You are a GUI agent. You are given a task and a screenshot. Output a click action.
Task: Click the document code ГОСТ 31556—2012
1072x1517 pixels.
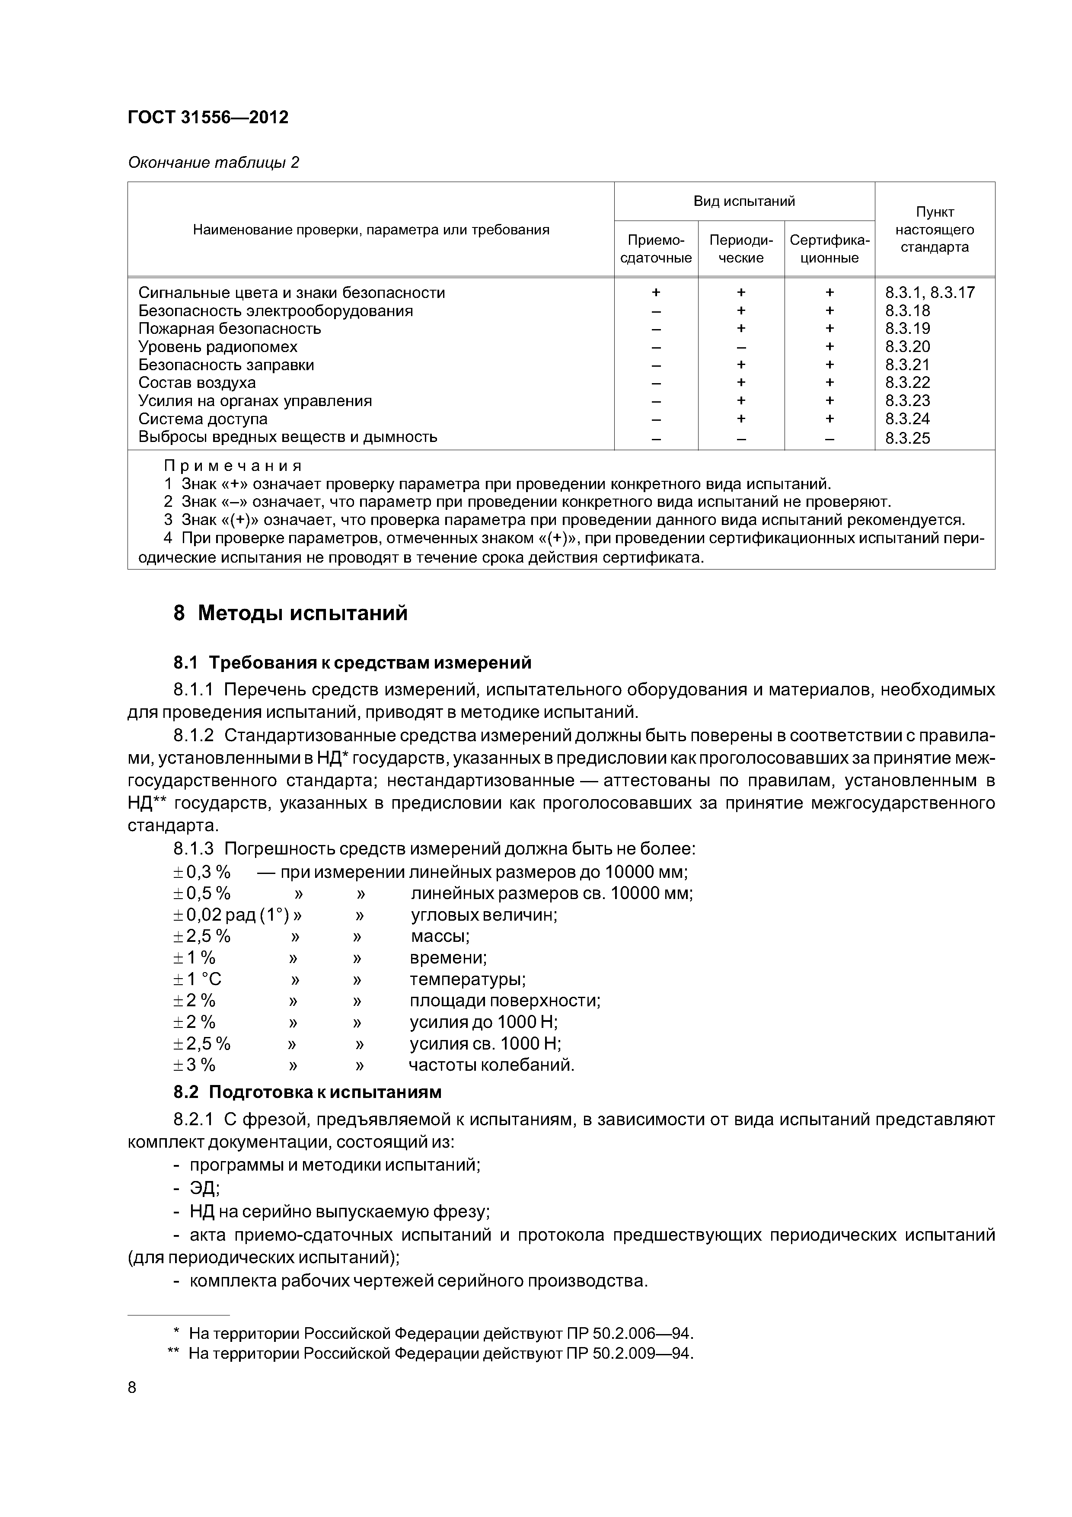tap(208, 118)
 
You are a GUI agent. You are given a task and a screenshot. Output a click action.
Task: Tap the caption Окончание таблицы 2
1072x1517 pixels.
tap(214, 163)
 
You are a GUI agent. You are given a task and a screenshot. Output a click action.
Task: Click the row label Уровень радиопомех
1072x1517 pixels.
tap(217, 347)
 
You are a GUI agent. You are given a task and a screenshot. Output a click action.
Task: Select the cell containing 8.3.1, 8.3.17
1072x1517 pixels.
tap(929, 293)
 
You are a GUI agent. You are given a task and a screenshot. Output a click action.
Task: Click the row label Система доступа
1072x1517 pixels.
tap(203, 419)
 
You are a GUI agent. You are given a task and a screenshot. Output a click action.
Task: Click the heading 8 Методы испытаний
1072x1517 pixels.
tap(290, 613)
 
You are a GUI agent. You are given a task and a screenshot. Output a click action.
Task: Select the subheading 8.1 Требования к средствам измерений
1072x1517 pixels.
tap(352, 662)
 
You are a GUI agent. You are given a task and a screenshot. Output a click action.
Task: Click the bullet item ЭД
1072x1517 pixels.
tap(204, 1188)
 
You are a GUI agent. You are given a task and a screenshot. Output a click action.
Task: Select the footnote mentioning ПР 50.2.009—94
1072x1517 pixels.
tap(440, 1354)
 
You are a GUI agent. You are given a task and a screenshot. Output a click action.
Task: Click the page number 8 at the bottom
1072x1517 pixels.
tap(132, 1388)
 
